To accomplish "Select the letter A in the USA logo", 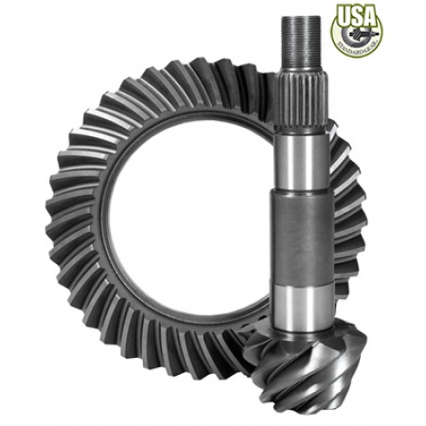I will click(x=371, y=16).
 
